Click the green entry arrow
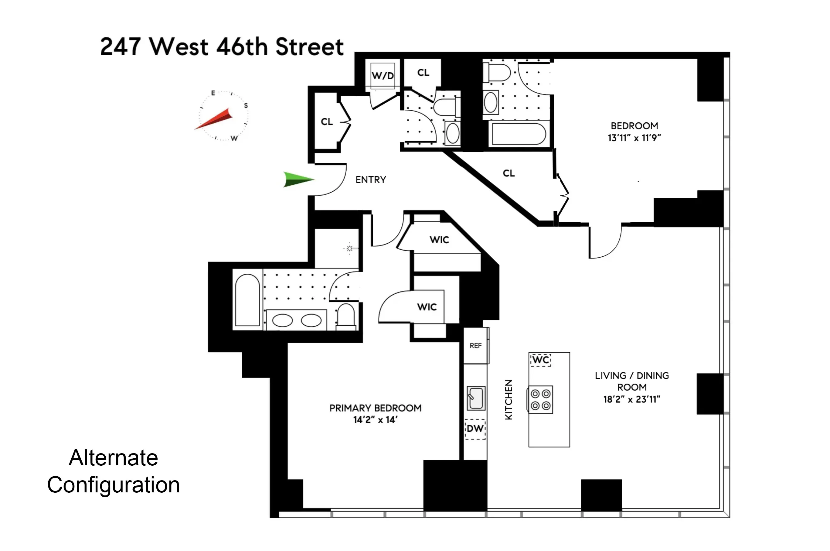tap(297, 179)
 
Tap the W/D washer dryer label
tap(383, 76)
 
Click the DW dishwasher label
tap(475, 429)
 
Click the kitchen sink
tap(476, 398)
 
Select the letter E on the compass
tap(213, 93)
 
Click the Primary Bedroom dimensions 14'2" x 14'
tap(375, 420)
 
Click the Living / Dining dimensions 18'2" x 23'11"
tap(631, 399)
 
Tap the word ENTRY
tap(371, 180)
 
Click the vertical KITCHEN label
tap(508, 399)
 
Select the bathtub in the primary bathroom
tap(247, 300)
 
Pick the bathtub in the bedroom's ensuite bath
tap(519, 134)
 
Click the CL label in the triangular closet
tap(509, 173)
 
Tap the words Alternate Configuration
tap(114, 471)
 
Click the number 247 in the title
tap(121, 47)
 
